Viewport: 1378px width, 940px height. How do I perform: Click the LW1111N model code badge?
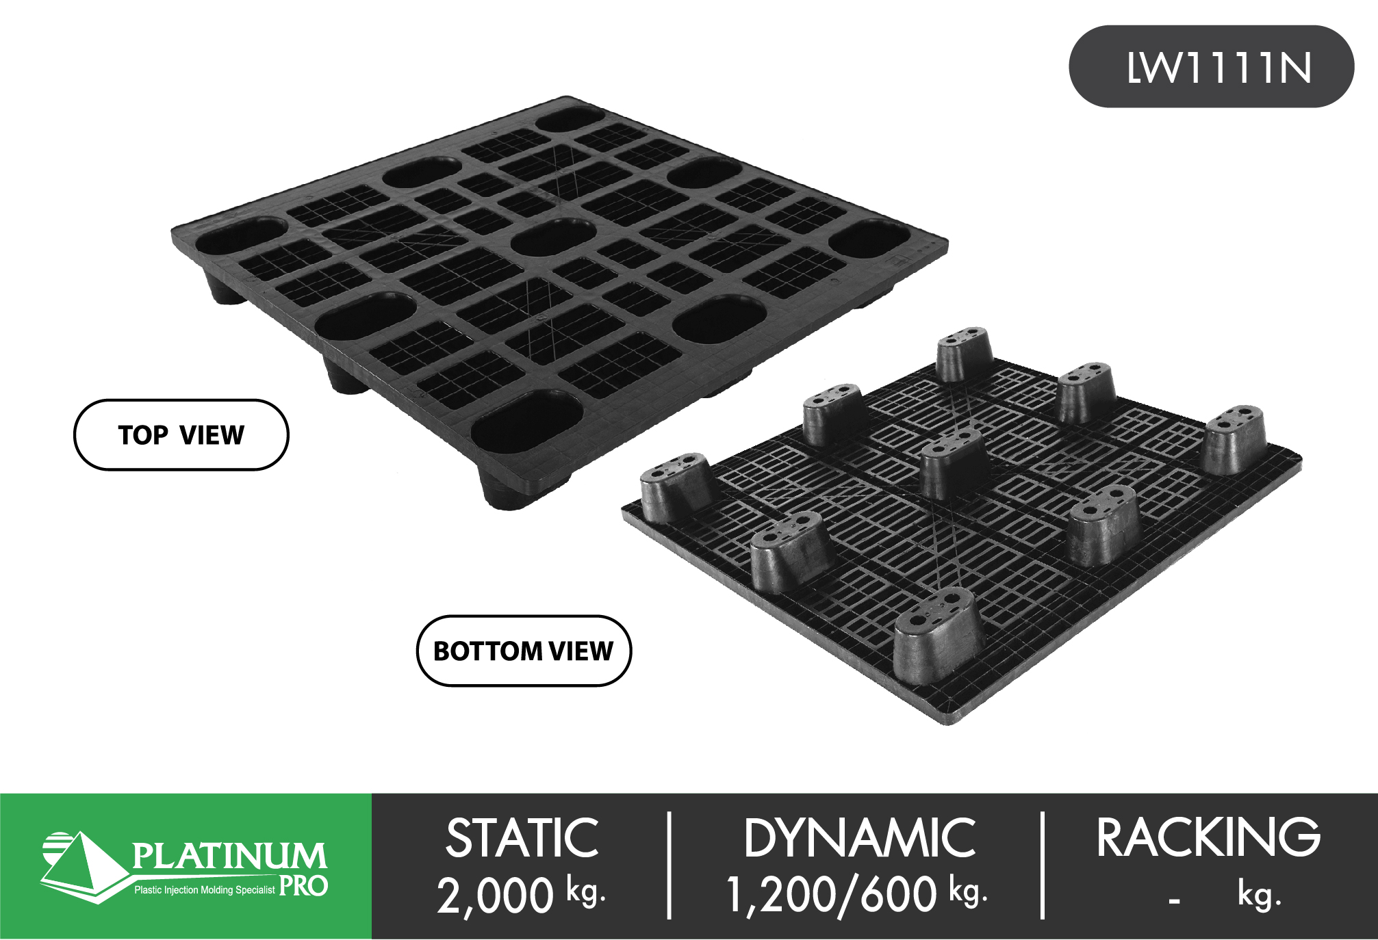click(x=1211, y=66)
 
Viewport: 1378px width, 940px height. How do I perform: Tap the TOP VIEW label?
click(x=181, y=435)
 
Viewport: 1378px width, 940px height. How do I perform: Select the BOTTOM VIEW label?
click(x=524, y=651)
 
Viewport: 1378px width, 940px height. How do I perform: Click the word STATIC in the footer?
click(x=522, y=838)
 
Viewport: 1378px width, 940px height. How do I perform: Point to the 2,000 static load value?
click(x=495, y=895)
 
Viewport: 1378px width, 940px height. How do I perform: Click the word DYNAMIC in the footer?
click(x=860, y=838)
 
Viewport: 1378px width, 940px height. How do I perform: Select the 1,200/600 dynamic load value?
click(x=831, y=895)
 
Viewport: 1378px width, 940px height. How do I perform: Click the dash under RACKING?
click(x=1174, y=901)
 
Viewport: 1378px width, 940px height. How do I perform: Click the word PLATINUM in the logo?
click(x=229, y=856)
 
